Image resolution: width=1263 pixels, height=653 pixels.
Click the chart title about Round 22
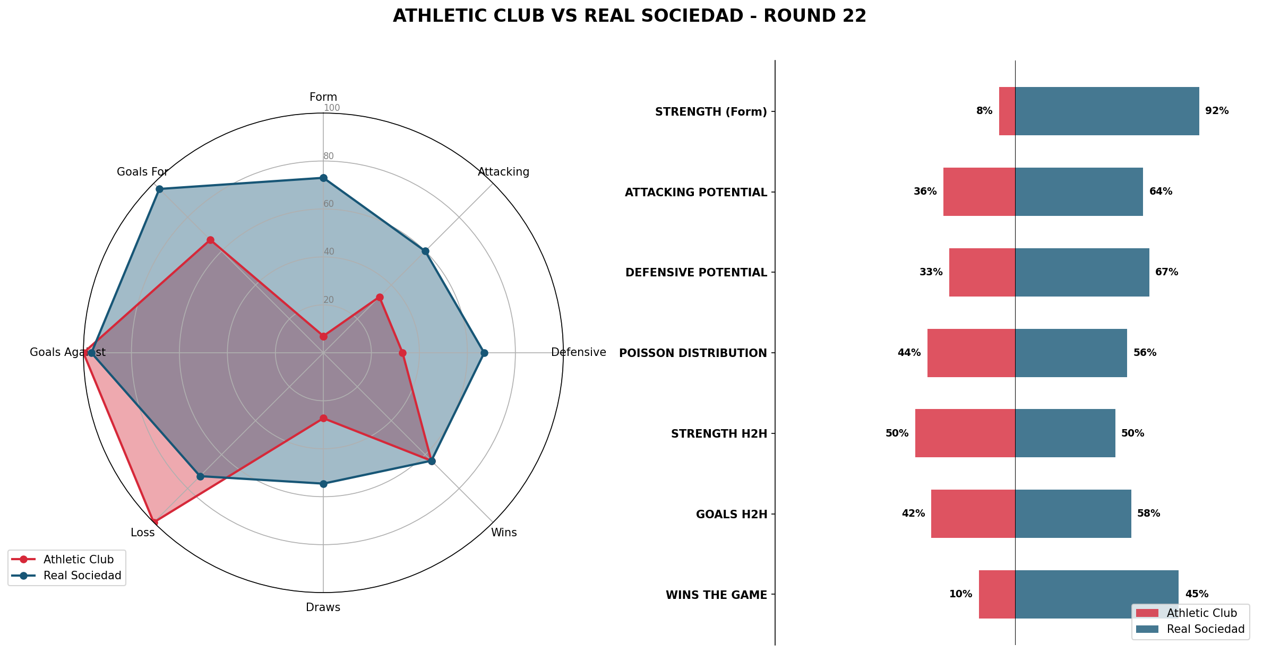click(630, 16)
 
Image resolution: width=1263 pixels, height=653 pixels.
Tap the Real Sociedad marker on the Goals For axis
click(159, 189)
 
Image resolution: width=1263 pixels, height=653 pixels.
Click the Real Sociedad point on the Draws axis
click(323, 484)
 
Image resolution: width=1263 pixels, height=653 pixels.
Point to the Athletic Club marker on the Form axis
click(323, 336)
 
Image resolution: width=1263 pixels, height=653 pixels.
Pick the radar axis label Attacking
click(503, 172)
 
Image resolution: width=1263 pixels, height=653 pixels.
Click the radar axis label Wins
click(503, 533)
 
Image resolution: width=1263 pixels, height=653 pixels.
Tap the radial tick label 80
click(329, 156)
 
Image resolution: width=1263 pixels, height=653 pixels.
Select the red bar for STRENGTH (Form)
click(1007, 111)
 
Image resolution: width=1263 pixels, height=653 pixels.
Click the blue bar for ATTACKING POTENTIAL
click(1079, 191)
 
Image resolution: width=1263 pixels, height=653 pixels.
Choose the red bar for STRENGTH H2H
click(965, 433)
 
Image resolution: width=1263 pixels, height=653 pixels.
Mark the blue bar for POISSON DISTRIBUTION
click(1071, 353)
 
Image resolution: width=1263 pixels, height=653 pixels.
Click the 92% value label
click(1217, 111)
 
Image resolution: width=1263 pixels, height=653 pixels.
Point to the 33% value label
click(931, 272)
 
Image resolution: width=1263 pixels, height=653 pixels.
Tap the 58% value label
click(1148, 513)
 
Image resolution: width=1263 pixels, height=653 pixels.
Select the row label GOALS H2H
click(732, 514)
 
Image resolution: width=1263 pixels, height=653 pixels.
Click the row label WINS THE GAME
click(716, 595)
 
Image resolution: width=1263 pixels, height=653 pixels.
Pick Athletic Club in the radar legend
click(78, 560)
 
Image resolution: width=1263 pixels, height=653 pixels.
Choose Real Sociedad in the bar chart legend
click(1205, 629)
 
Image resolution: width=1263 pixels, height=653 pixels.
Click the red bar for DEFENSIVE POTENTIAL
click(982, 272)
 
